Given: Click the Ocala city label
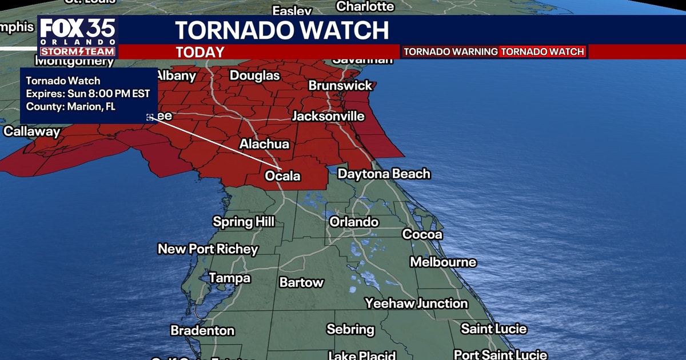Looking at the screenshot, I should [x=282, y=176].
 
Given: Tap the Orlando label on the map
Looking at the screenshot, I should [x=354, y=222].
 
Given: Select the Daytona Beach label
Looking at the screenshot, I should [x=384, y=174].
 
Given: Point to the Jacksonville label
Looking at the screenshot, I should [x=328, y=116].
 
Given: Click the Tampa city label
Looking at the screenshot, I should [x=229, y=278].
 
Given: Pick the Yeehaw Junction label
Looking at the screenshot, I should [x=417, y=303].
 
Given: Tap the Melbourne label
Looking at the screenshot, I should [x=443, y=262].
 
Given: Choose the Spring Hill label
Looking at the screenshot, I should [x=244, y=222].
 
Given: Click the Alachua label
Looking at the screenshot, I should [x=264, y=144].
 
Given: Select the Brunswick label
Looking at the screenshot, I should [x=340, y=85].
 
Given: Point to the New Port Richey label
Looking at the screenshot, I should [x=208, y=249].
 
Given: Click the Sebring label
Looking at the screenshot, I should [x=350, y=330].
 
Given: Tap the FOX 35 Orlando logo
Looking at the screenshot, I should [x=78, y=37].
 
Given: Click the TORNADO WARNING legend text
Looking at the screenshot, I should [x=450, y=52].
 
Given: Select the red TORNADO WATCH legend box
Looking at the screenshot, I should [x=543, y=52].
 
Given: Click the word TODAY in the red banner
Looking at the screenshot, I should [x=200, y=53].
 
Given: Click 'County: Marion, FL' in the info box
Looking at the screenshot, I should [x=71, y=106].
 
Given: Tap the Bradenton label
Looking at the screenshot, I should [x=202, y=331].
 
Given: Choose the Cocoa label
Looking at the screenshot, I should [x=422, y=234].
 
